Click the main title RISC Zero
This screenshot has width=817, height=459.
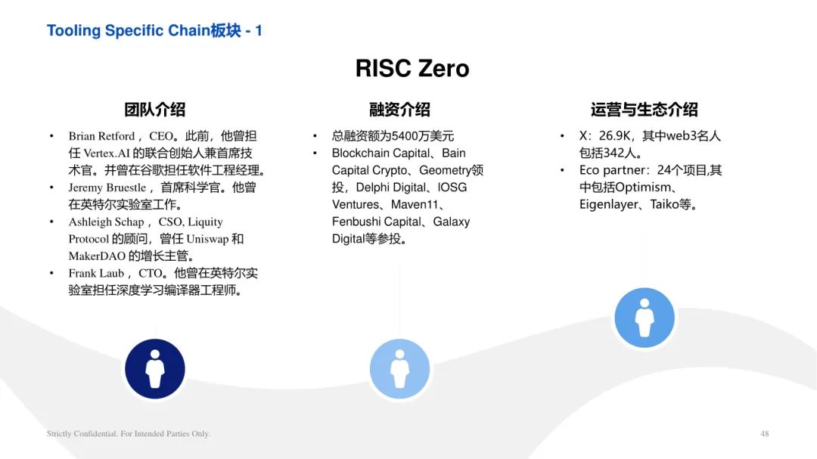(412, 68)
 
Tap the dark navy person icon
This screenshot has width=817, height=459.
(155, 369)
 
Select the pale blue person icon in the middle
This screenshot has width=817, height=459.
(399, 369)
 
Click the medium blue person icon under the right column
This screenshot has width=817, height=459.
(645, 318)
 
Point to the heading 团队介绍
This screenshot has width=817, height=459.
(155, 110)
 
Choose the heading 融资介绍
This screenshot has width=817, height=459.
(399, 110)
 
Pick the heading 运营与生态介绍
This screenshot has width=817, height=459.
(644, 110)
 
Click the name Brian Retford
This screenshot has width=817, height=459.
(101, 136)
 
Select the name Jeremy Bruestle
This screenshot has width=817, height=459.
(107, 188)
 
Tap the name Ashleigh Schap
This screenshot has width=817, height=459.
(107, 222)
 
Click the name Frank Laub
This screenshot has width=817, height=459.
(96, 274)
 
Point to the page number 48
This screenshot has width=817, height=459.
(764, 433)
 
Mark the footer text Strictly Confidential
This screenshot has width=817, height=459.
(82, 433)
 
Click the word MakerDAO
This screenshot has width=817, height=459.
(97, 256)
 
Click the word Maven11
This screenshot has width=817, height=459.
(415, 205)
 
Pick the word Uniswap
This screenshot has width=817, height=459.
(207, 239)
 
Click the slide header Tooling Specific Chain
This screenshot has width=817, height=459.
(128, 30)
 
